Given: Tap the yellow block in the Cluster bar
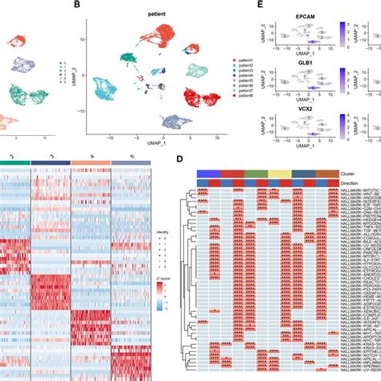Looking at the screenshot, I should pos(279,173).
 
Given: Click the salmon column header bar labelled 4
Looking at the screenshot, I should pos(90,163).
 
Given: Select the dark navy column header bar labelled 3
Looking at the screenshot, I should pos(51,163).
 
